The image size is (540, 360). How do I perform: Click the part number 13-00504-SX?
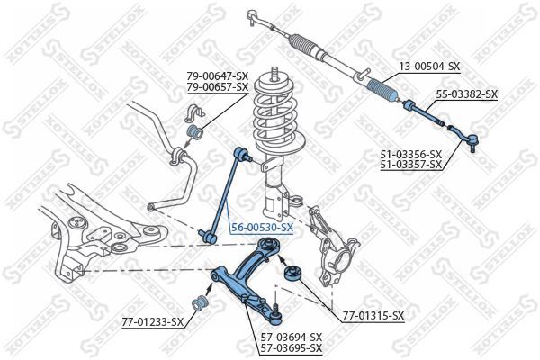[429, 67]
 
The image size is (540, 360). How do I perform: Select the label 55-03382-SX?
[466, 93]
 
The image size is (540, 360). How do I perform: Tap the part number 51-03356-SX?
[410, 155]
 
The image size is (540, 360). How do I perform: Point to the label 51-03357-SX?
[410, 165]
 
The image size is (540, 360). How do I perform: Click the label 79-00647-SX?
[218, 76]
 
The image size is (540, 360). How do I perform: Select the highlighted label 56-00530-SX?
[261, 228]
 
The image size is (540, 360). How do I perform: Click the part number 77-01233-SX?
[153, 321]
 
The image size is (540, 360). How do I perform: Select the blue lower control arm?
[244, 280]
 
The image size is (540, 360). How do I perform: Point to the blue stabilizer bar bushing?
[192, 134]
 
